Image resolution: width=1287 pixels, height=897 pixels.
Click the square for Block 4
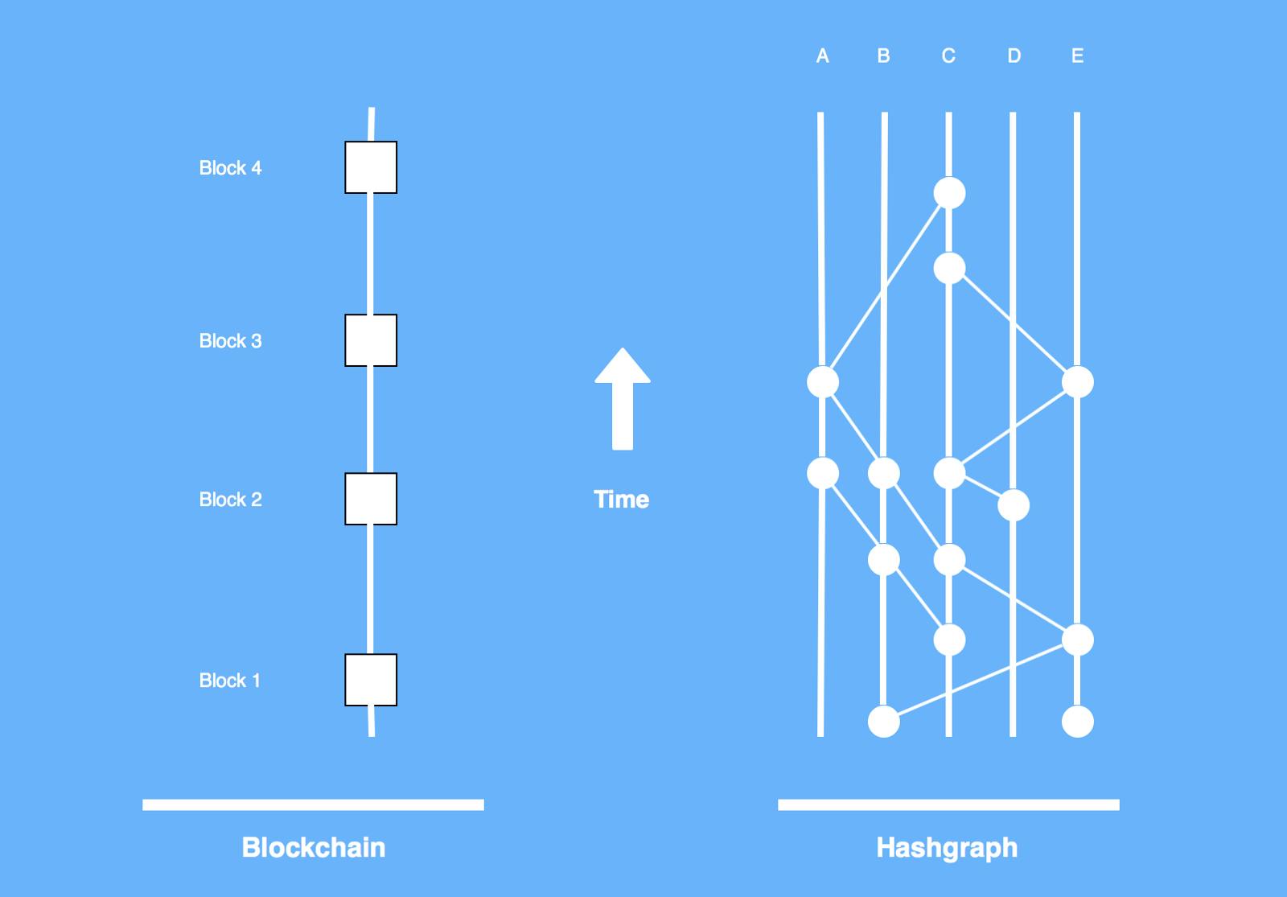point(371,167)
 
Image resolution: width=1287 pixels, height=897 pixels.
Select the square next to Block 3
point(371,340)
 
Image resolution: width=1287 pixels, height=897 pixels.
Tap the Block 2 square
point(371,499)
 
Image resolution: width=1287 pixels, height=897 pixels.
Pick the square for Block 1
point(371,680)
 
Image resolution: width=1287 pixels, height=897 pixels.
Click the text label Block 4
point(230,168)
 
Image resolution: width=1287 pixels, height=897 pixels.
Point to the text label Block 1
point(230,681)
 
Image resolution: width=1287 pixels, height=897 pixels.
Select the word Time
point(621,500)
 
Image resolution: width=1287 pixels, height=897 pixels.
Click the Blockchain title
point(313,847)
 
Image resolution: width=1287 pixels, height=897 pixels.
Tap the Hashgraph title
point(947,847)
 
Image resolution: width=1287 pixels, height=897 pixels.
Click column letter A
point(822,56)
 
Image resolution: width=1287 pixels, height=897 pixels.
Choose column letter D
point(1014,56)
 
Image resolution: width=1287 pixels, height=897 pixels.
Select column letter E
point(1078,56)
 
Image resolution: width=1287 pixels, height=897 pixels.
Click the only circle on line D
point(1014,505)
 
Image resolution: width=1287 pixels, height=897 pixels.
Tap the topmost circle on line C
point(949,193)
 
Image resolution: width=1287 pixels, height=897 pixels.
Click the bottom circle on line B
point(884,721)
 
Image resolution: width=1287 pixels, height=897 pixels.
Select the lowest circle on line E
point(1078,721)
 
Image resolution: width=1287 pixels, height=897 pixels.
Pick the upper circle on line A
point(823,382)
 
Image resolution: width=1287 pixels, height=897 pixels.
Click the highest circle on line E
point(1078,382)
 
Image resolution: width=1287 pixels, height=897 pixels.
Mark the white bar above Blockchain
point(313,804)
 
